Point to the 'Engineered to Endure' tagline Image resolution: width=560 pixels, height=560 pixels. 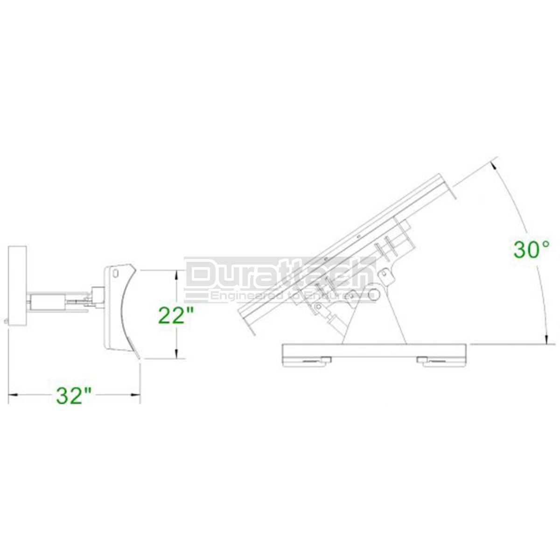point(280,296)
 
